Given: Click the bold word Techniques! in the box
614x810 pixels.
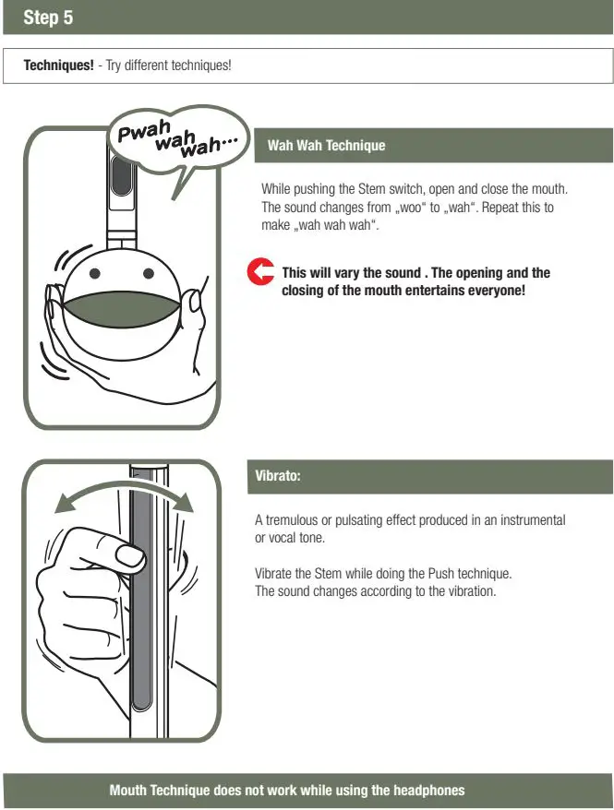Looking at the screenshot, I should [x=58, y=66].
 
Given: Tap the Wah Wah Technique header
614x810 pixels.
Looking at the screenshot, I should [x=326, y=145].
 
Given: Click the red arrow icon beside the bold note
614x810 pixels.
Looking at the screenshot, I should [x=262, y=272].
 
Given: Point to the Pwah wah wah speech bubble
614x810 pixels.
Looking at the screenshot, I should [x=175, y=137].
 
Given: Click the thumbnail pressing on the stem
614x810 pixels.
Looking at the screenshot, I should [x=129, y=555].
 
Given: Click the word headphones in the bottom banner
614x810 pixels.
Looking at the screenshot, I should [x=430, y=791].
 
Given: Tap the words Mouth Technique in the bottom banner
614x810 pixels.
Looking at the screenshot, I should [x=160, y=791].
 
